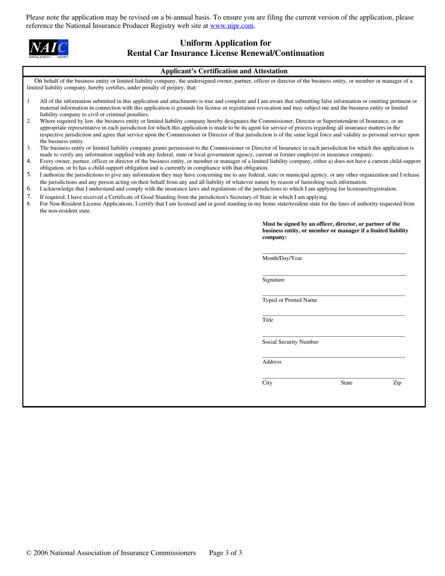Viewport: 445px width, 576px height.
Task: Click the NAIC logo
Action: tap(49, 48)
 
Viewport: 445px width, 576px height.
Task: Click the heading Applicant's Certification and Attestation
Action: tap(224, 71)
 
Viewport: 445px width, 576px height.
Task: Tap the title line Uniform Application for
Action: tap(225, 43)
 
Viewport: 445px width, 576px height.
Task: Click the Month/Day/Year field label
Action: tap(282, 258)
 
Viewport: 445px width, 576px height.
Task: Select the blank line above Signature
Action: tap(334, 275)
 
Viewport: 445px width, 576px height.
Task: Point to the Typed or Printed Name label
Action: tap(289, 300)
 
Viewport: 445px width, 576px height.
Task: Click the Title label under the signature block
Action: tap(267, 320)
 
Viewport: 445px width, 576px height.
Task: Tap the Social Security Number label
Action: tap(290, 342)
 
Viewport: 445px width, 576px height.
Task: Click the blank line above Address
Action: tap(334, 357)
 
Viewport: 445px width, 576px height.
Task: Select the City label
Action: tap(267, 383)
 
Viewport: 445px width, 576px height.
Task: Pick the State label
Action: tap(347, 383)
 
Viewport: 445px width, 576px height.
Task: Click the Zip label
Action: tap(397, 383)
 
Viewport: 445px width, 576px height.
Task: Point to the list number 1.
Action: tap(29, 101)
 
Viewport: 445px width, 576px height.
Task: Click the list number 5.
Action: tap(29, 175)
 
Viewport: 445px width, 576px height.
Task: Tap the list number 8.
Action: tap(29, 204)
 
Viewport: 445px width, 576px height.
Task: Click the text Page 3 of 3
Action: tap(225, 553)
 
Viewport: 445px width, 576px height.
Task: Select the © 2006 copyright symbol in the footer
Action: tap(29, 553)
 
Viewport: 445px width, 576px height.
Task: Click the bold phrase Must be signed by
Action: tap(286, 224)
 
